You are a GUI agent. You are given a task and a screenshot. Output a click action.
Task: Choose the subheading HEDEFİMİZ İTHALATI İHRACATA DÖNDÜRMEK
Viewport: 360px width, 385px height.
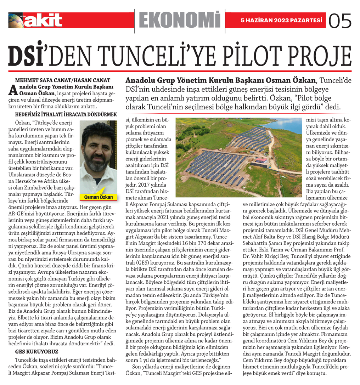pyautogui.click(x=66, y=114)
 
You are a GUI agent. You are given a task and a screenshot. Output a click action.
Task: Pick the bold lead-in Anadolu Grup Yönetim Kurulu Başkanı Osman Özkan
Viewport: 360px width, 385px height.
pyautogui.click(x=220, y=81)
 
